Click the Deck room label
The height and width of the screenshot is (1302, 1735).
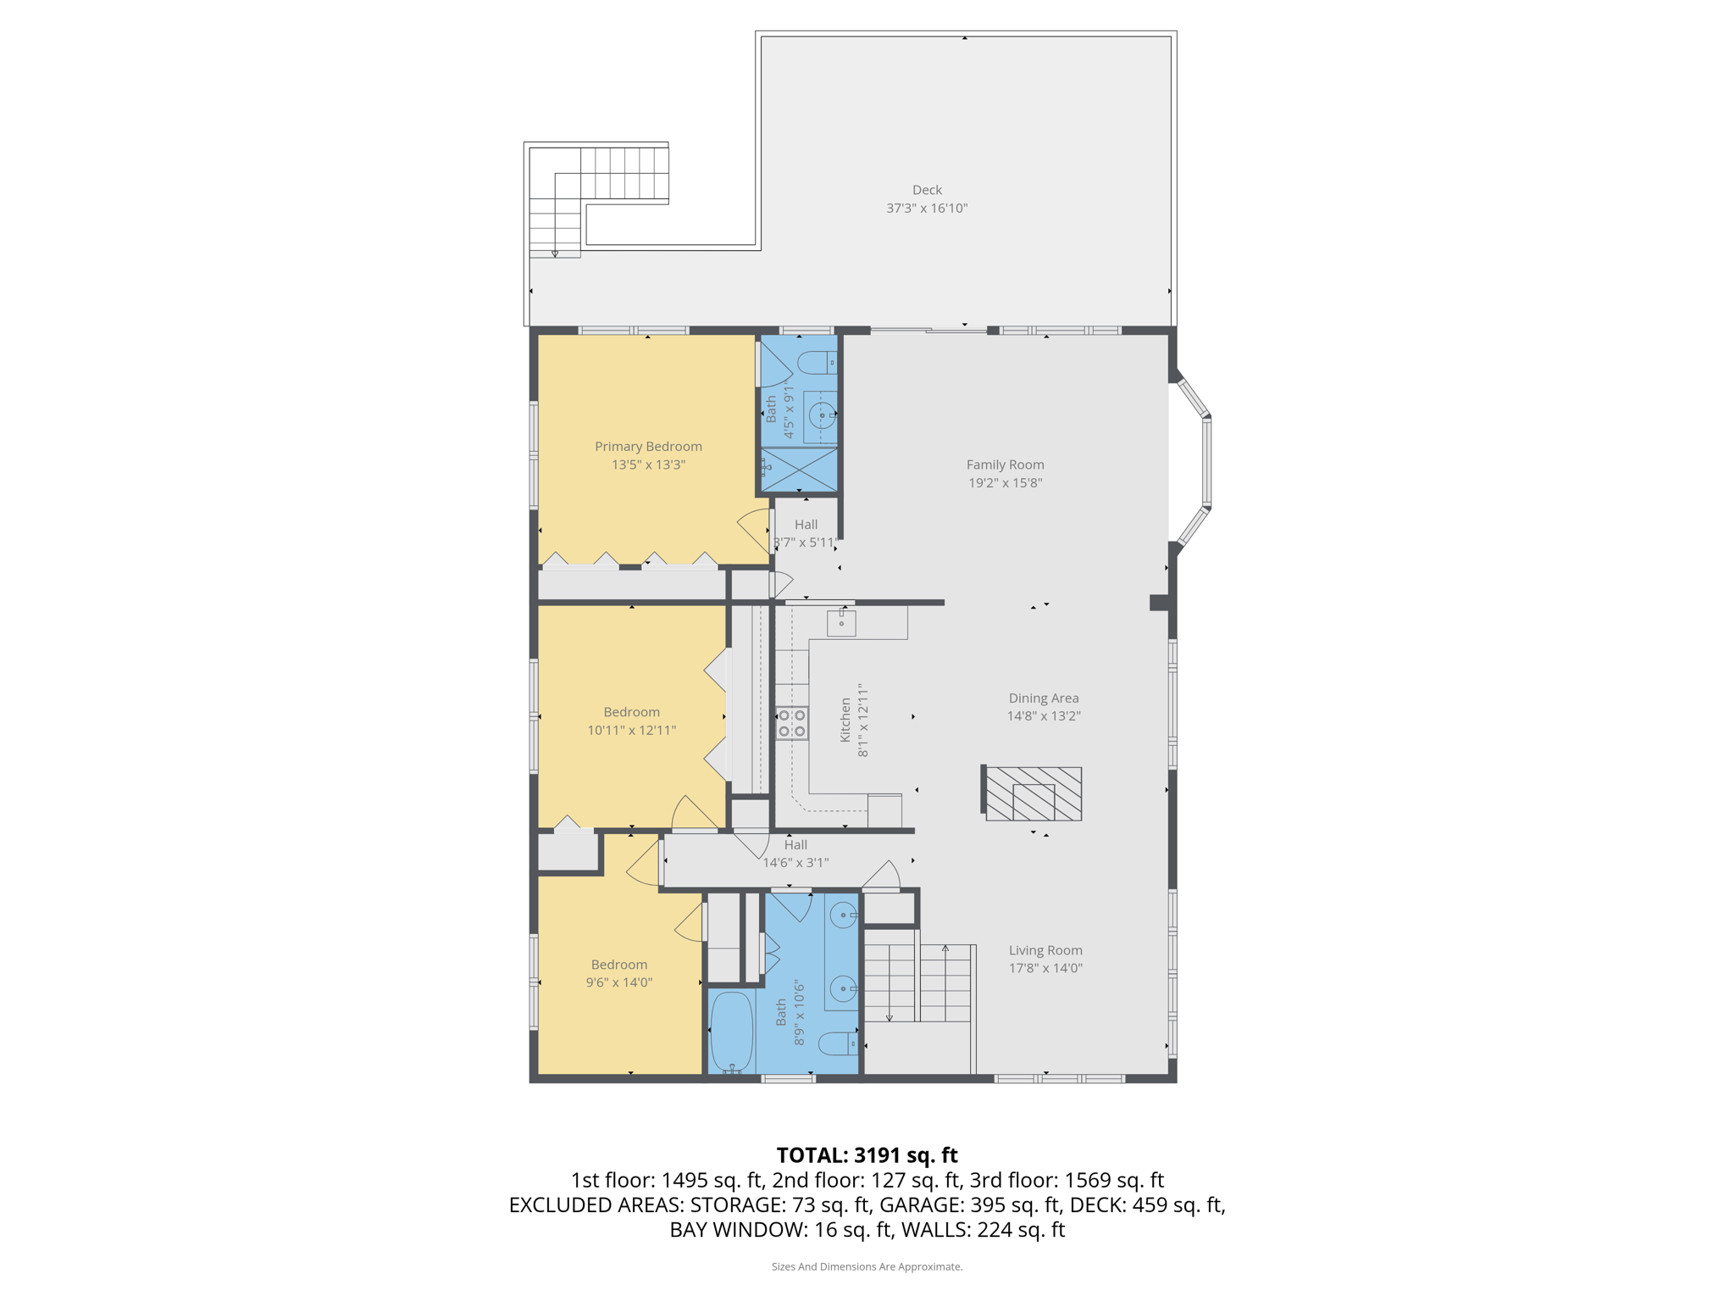coord(927,190)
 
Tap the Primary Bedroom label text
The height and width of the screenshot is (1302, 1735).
coord(648,447)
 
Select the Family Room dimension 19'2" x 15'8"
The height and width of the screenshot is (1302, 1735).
coord(1005,483)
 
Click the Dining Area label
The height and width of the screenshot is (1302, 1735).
coord(1043,698)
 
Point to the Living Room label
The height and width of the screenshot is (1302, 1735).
coord(1045,950)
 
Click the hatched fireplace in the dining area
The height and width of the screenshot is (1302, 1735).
coord(1034,793)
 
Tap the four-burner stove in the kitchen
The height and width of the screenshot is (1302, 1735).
coord(792,723)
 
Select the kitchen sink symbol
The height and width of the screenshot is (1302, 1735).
coord(841,623)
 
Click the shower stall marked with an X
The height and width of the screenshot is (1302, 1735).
coord(799,469)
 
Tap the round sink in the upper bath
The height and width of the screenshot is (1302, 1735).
coord(822,415)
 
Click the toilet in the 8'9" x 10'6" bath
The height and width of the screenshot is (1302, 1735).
coord(840,1043)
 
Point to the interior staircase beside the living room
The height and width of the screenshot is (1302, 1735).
coord(917,983)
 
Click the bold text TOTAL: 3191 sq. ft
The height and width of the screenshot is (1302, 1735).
coord(867,1155)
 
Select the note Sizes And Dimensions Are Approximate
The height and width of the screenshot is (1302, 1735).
coord(867,1266)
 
